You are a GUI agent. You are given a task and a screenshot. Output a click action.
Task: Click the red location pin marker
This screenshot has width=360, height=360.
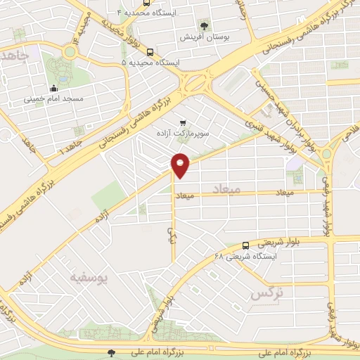181,165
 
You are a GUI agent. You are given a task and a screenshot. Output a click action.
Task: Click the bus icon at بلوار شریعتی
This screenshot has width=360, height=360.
245,245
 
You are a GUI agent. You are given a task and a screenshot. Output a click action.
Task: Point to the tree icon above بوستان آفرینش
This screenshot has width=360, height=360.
205,24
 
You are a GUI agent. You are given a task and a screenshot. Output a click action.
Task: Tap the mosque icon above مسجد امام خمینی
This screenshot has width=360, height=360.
54,89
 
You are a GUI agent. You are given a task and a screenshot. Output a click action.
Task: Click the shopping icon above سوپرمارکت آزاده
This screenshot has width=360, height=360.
184,122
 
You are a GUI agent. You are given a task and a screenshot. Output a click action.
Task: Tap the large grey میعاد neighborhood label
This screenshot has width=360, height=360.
225,190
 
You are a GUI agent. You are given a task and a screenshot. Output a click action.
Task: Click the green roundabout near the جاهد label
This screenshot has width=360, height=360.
70,51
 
